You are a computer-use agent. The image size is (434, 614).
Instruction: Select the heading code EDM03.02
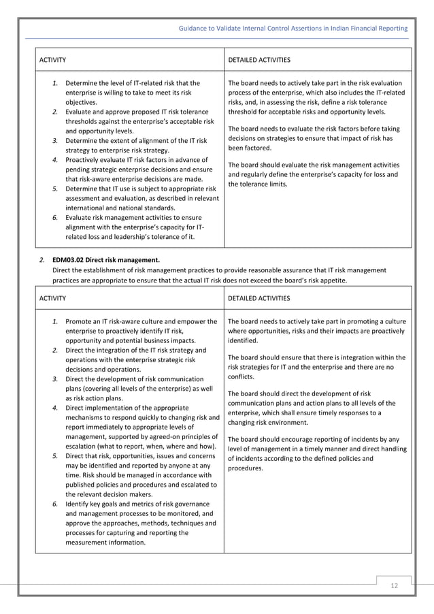71,259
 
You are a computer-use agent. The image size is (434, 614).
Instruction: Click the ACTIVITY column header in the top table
52,60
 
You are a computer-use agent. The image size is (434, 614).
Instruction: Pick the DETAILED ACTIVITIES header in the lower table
259,297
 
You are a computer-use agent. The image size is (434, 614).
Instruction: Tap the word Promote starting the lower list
80,321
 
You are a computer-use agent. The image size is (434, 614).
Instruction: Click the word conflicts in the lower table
241,376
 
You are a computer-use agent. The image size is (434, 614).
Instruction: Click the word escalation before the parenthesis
82,446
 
